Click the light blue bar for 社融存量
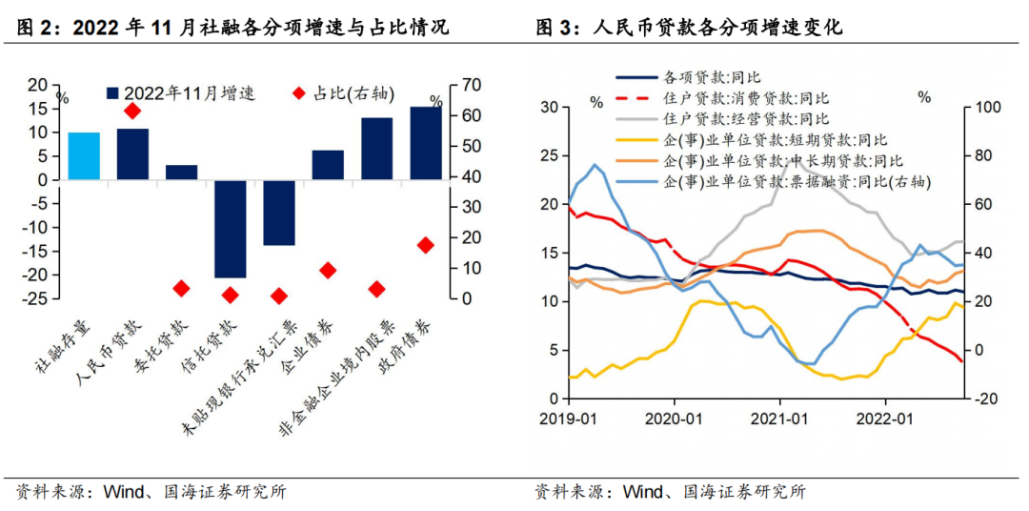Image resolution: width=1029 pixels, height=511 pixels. click(x=83, y=155)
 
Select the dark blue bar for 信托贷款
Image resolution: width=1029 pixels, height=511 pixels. click(x=231, y=228)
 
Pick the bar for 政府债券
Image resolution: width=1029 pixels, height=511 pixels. click(x=426, y=143)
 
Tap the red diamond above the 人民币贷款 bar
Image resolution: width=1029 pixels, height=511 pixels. click(x=132, y=112)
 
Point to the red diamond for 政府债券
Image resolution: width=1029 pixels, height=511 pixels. click(x=426, y=245)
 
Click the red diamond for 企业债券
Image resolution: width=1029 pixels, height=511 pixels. click(x=328, y=271)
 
